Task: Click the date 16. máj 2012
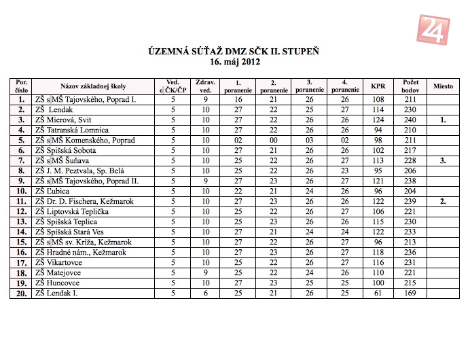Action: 235,62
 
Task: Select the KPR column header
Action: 378,86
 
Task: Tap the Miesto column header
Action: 443,86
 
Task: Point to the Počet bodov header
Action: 410,86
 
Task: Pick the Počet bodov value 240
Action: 410,120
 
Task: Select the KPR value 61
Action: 378,293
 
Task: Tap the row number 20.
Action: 21,293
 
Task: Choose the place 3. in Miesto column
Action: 443,160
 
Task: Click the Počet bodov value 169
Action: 410,293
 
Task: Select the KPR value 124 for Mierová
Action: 378,120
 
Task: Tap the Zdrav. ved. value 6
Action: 204,293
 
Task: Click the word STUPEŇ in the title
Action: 304,51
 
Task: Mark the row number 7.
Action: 21,160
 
